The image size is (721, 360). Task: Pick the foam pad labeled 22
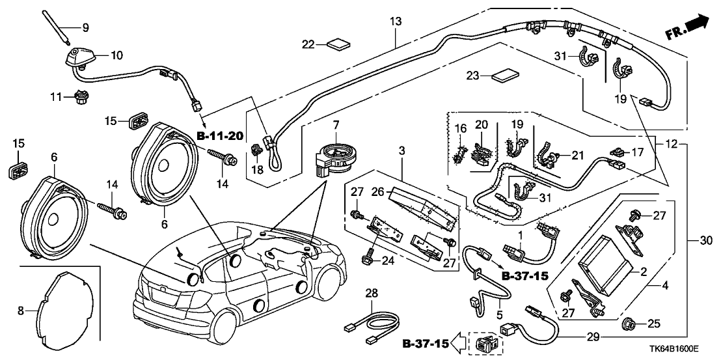[x=338, y=44]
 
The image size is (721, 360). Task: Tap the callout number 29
[x=593, y=338]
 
